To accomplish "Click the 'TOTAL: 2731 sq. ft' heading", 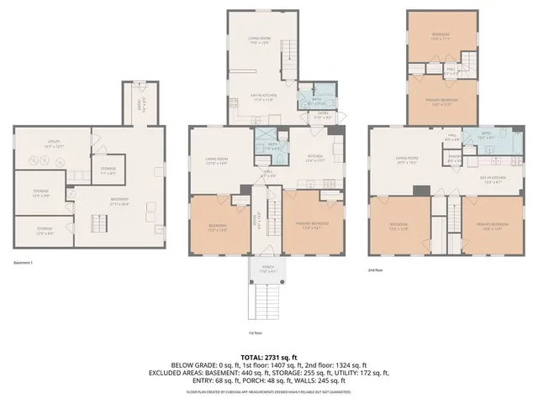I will click(269, 357).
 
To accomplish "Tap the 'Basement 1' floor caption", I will click(24, 263).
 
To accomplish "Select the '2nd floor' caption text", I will click(375, 270).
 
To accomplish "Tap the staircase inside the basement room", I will click(101, 222).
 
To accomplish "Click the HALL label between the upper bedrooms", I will click(451, 71).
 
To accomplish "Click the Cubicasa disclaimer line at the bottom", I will click(269, 391).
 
